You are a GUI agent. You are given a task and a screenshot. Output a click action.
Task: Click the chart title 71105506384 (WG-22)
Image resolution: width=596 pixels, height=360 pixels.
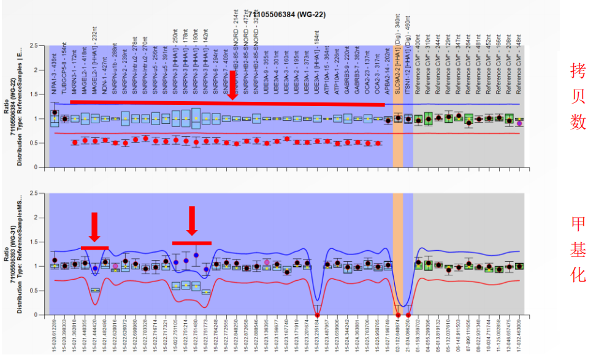[x=283, y=13]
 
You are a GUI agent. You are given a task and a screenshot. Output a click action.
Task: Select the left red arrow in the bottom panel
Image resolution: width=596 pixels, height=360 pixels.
[x=94, y=227]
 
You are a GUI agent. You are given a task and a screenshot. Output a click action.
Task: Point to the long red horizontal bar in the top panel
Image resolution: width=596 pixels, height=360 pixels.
[x=227, y=103]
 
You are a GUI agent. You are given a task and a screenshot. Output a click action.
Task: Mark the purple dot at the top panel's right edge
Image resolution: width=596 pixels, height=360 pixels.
[x=519, y=123]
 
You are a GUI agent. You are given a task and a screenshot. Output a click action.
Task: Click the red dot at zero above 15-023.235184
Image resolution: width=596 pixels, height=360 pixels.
[x=317, y=315]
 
